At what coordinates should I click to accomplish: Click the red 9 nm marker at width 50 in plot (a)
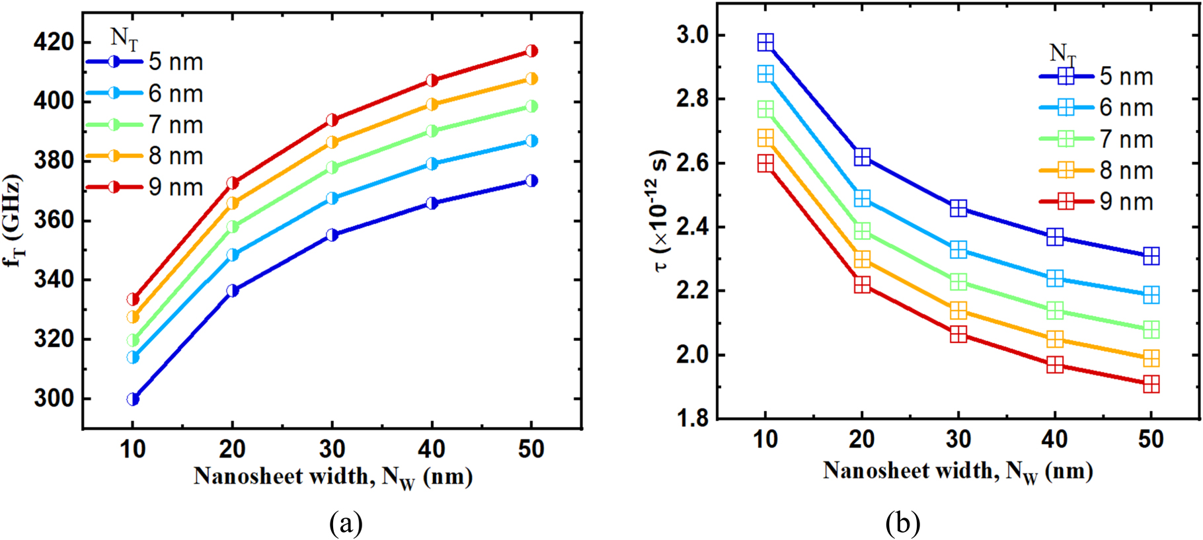coord(531,51)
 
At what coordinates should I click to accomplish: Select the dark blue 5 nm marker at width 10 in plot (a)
coord(133,399)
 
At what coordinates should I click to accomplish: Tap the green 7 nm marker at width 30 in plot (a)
coord(332,168)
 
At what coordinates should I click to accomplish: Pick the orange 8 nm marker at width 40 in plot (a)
coord(432,104)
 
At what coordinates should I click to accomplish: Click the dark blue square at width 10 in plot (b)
coord(765,43)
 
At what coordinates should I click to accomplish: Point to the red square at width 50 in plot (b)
coord(1151,384)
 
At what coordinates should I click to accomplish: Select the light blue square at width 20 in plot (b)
coord(862,198)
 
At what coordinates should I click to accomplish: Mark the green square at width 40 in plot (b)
coord(1055,310)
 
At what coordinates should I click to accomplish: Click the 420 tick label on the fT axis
coord(54,42)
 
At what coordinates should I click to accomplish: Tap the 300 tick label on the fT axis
coord(54,399)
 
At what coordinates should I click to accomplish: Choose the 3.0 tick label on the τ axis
coord(692,35)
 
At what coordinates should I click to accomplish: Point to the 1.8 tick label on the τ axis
coord(692,418)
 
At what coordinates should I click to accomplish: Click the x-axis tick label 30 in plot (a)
coord(332,449)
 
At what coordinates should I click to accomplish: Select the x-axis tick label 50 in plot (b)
coord(1151,440)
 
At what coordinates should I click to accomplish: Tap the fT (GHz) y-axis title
coord(14,221)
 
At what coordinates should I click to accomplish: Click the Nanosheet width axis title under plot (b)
coord(958,471)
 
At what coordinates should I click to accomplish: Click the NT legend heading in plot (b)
coord(1063,53)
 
